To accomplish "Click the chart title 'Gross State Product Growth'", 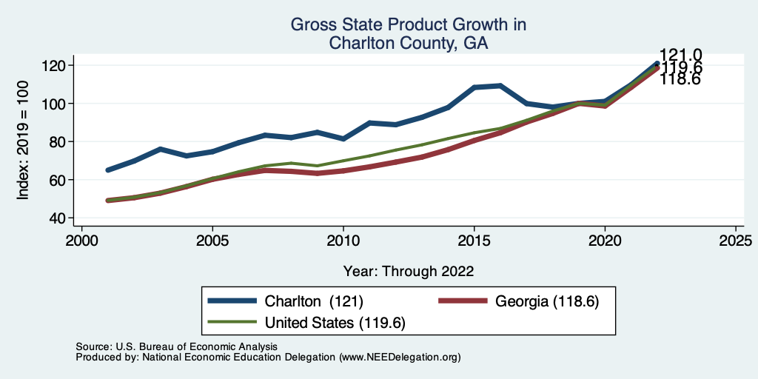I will [408, 25].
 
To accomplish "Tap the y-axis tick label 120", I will [56, 65].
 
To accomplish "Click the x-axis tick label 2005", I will [212, 241].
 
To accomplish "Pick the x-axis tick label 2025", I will [736, 241].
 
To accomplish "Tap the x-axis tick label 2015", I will [474, 241].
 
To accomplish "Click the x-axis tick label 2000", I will [81, 241].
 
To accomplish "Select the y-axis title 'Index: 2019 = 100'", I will [24, 141].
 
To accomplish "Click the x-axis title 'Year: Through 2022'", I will [409, 270].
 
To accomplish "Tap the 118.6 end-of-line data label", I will [680, 78].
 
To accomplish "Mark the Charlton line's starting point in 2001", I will [108, 170].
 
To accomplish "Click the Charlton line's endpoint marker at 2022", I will [657, 64].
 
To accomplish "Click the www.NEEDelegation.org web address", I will [400, 357].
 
